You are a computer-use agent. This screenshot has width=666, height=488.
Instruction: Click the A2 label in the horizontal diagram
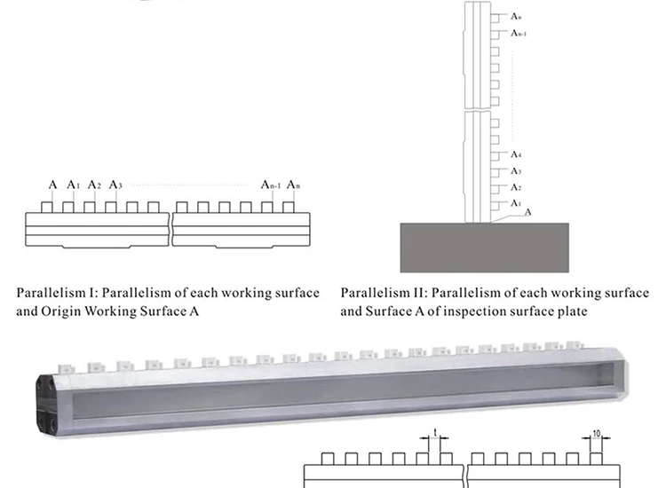pyautogui.click(x=95, y=185)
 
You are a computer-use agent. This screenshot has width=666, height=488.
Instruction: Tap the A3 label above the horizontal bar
pyautogui.click(x=115, y=185)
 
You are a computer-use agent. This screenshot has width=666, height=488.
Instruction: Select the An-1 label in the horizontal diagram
pyautogui.click(x=271, y=185)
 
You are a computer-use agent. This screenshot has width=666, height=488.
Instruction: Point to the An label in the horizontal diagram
pyautogui.click(x=293, y=185)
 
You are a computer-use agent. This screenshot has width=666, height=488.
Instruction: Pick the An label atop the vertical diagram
pyautogui.click(x=516, y=16)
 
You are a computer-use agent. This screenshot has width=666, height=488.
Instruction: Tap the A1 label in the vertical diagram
pyautogui.click(x=516, y=203)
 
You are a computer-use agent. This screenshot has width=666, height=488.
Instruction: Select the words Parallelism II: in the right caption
pyautogui.click(x=383, y=294)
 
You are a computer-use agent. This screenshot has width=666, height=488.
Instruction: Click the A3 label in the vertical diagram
pyautogui.click(x=516, y=171)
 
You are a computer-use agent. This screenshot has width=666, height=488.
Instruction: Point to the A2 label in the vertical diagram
pyautogui.click(x=516, y=187)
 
